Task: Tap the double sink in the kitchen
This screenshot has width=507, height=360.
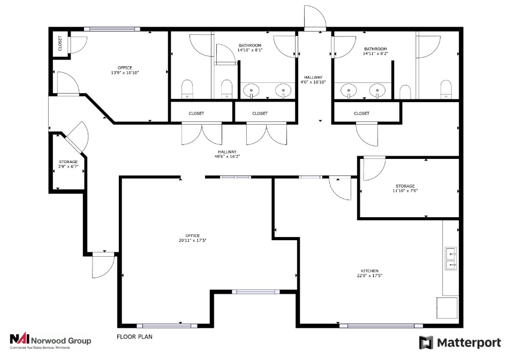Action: click(x=451, y=259)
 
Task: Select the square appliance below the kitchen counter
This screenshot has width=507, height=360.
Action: click(x=448, y=307)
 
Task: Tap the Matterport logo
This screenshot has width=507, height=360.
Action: click(x=460, y=342)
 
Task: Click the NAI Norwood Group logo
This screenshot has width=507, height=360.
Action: click(x=51, y=341)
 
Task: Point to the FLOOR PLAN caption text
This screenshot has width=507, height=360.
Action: click(x=135, y=337)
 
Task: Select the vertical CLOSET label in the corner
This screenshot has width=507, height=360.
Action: click(x=60, y=43)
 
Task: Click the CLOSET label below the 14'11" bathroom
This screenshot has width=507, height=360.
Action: click(x=361, y=113)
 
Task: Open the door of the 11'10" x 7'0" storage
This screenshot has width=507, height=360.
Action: click(x=374, y=168)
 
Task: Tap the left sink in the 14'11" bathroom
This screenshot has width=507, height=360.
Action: click(x=350, y=91)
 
